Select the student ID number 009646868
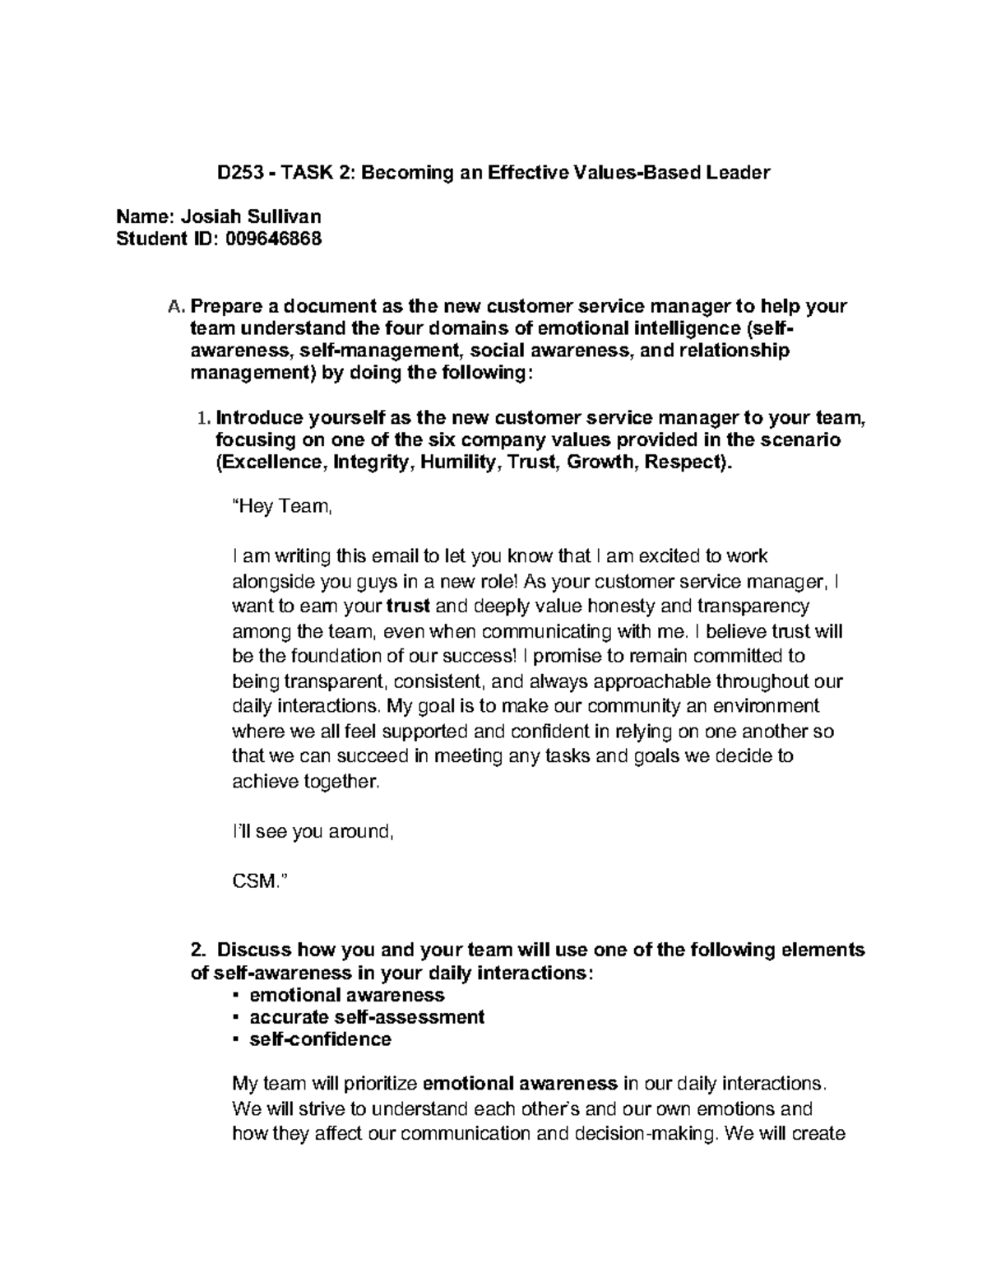268,239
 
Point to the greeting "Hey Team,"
282,507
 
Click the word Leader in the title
739,173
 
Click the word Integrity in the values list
372,462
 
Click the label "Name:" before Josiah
146,217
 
